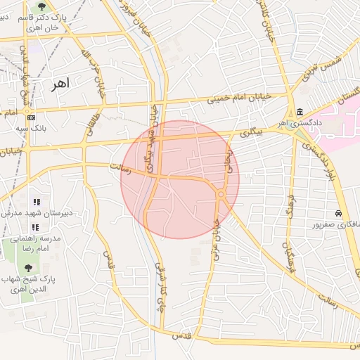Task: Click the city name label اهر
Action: pyautogui.click(x=64, y=84)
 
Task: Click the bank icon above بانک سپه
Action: pyautogui.click(x=31, y=116)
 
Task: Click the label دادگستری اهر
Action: pyautogui.click(x=302, y=123)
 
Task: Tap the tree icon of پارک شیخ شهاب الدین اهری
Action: pyautogui.click(x=28, y=268)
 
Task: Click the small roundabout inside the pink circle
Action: pyautogui.click(x=221, y=193)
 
